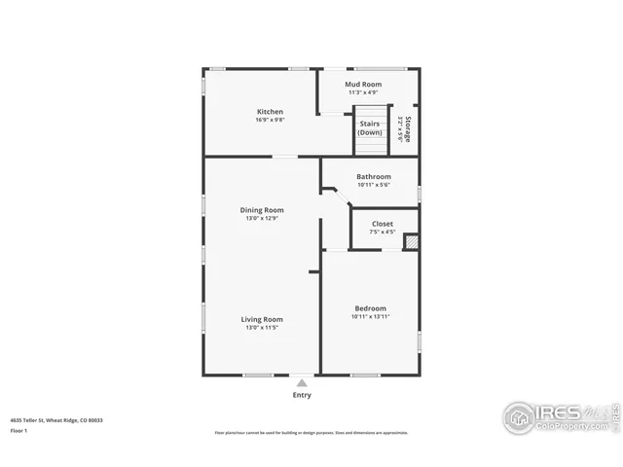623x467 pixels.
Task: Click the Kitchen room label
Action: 270,111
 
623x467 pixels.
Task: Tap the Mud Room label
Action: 363,85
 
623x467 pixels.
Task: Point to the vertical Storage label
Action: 409,129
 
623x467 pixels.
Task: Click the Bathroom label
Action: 373,176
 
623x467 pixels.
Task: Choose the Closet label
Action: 383,223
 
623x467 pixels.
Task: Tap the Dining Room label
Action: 262,209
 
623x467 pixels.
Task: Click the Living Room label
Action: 262,319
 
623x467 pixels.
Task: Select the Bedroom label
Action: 369,308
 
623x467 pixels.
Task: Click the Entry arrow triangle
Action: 303,383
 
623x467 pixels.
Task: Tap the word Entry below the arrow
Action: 303,396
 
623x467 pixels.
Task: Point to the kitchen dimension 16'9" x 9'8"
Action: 270,120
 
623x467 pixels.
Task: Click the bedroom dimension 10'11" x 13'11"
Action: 369,317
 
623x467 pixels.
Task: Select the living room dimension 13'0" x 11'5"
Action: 262,328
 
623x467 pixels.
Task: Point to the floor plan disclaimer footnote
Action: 311,433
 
